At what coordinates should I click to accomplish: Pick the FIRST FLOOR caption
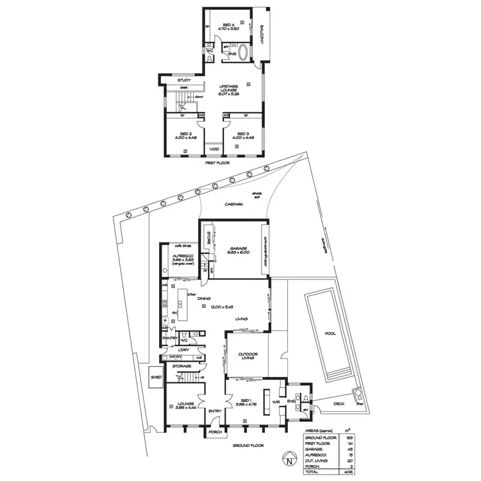(214, 163)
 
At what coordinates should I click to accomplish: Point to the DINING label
(205, 299)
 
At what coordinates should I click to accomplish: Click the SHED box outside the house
(156, 378)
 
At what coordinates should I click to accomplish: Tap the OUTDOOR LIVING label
(247, 356)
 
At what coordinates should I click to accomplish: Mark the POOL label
(330, 334)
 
